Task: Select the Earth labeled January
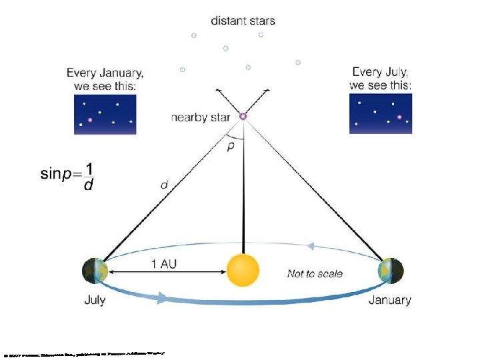click(x=390, y=271)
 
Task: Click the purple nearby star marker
click(x=243, y=116)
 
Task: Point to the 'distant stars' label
click(x=243, y=21)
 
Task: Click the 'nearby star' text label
click(x=200, y=118)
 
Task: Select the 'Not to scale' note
click(x=315, y=273)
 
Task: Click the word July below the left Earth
click(x=95, y=300)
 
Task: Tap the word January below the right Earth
click(x=390, y=300)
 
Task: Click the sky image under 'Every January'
click(x=105, y=114)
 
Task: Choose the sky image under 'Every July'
click(x=381, y=114)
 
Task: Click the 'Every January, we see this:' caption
click(x=105, y=79)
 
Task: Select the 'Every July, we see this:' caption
click(x=381, y=79)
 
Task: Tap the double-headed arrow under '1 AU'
click(x=166, y=272)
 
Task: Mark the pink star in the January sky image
click(x=90, y=121)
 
